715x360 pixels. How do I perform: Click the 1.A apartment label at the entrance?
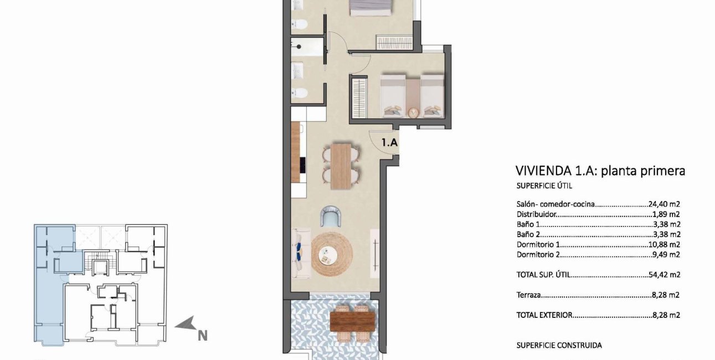pyautogui.click(x=389, y=142)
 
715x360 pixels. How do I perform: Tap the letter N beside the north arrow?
pyautogui.click(x=203, y=335)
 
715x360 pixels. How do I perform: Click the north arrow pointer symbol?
pyautogui.click(x=186, y=323)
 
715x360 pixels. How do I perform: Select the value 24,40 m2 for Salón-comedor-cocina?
pyautogui.click(x=664, y=204)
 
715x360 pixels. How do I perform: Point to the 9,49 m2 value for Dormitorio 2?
pyautogui.click(x=666, y=255)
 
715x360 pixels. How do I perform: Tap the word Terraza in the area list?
pyautogui.click(x=528, y=296)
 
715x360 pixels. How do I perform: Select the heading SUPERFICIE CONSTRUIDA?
pyautogui.click(x=559, y=345)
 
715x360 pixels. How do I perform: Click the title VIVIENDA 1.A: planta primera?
pyautogui.click(x=600, y=171)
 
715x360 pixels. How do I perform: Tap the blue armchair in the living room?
pyautogui.click(x=332, y=216)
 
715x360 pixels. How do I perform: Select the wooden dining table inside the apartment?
pyautogui.click(x=341, y=166)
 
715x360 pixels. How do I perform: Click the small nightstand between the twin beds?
pyautogui.click(x=413, y=112)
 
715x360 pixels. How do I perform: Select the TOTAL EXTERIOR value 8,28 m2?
pyautogui.click(x=666, y=315)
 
